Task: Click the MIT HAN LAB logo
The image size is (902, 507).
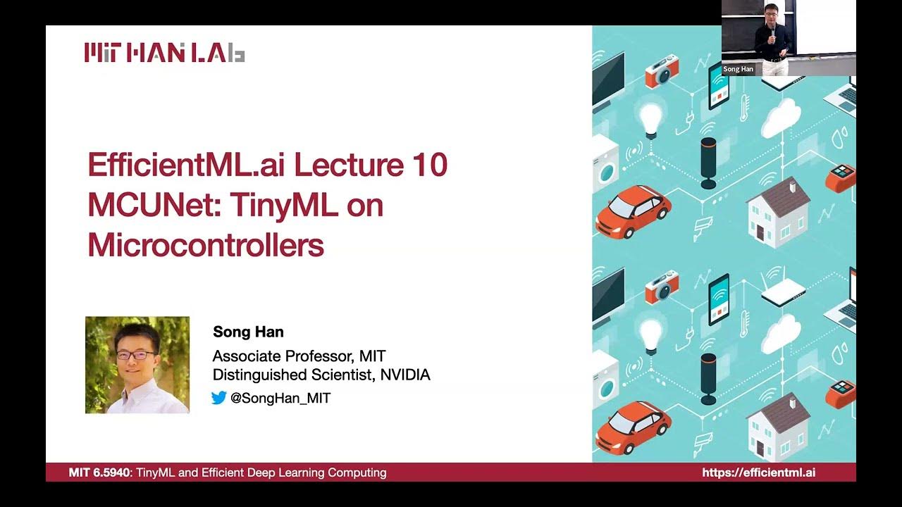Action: (164, 53)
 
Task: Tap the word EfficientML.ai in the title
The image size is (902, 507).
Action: (185, 165)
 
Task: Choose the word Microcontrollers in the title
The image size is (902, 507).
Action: (206, 244)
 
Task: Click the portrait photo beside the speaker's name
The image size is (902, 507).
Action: (137, 365)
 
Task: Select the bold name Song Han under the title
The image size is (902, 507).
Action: (248, 332)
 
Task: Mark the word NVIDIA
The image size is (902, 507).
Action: (404, 375)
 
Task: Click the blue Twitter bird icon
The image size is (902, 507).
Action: (219, 398)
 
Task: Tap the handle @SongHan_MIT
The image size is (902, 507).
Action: (280, 398)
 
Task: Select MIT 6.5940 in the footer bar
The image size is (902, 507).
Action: (99, 472)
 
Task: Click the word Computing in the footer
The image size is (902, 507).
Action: (359, 472)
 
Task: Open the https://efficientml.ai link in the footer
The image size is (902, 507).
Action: (758, 472)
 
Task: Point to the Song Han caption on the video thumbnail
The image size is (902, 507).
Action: (738, 69)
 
